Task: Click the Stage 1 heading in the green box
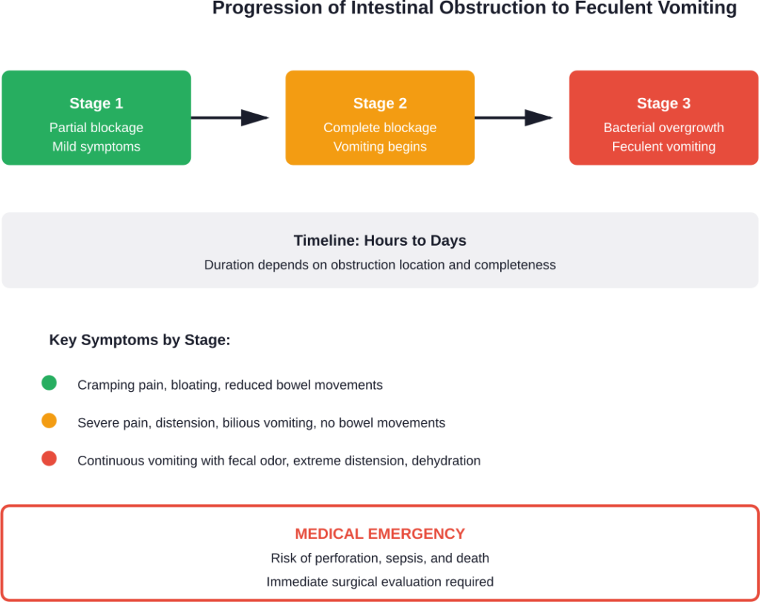pos(96,104)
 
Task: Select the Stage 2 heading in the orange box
pos(380,104)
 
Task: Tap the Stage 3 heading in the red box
pos(664,104)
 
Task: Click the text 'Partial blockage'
pos(96,128)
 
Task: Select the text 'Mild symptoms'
pos(96,147)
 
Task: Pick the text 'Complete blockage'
pos(380,128)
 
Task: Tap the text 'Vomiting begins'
pos(380,147)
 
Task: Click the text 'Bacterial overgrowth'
pos(664,128)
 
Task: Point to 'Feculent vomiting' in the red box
pos(664,147)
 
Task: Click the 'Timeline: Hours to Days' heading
pos(380,241)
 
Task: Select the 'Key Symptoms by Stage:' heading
pos(140,341)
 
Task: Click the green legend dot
pos(49,384)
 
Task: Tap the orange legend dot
pos(49,422)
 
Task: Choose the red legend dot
pos(49,459)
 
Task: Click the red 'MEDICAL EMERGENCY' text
pos(380,534)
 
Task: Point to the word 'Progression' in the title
pos(259,9)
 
